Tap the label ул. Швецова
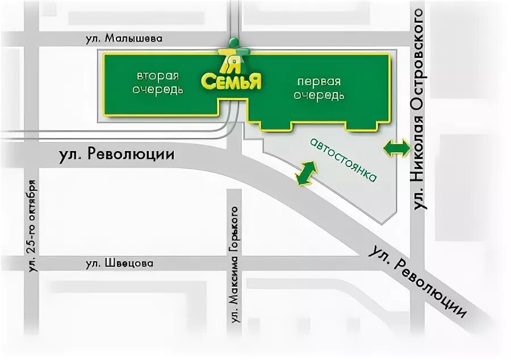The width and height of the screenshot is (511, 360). [x=120, y=263]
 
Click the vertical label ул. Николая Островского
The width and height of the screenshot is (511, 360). [x=421, y=109]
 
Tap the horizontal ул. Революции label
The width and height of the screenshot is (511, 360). [x=116, y=156]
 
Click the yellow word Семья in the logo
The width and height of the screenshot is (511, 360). [x=231, y=81]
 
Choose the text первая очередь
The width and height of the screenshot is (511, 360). [x=319, y=87]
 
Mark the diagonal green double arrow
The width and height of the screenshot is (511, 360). [x=305, y=173]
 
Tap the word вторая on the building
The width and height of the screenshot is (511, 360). [x=157, y=76]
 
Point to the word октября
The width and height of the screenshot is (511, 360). [x=32, y=199]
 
